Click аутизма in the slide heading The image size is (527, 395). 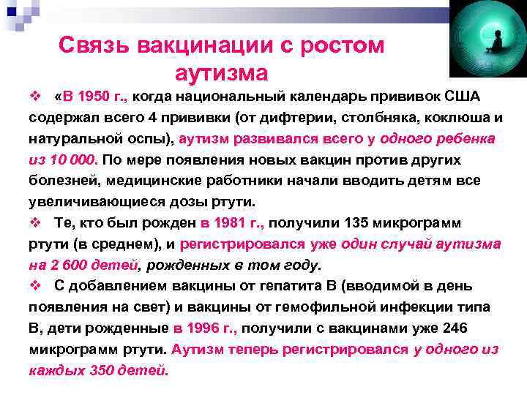pyautogui.click(x=222, y=74)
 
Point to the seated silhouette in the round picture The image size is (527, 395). pyautogui.click(x=496, y=43)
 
